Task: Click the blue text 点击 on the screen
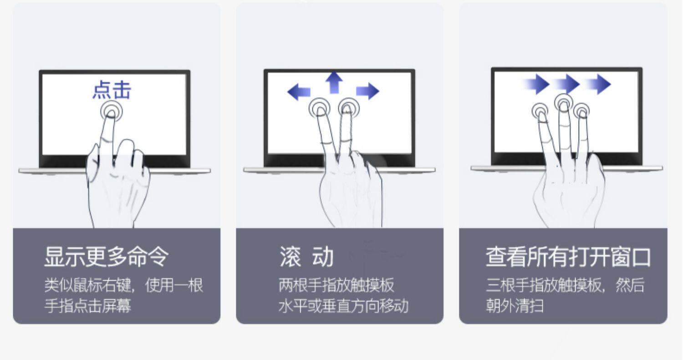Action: click(x=112, y=90)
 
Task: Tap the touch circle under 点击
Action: click(x=112, y=111)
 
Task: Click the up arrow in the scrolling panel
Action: click(x=334, y=82)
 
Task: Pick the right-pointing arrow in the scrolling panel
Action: click(x=367, y=91)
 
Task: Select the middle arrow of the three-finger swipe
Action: click(x=567, y=84)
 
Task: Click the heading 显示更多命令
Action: click(x=106, y=256)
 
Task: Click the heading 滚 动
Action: click(x=306, y=256)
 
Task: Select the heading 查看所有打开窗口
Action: click(x=568, y=257)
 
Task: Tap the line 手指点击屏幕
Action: click(x=87, y=305)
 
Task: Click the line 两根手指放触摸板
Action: click(x=336, y=285)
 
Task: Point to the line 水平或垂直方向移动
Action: click(x=343, y=305)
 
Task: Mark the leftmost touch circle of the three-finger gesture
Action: click(x=541, y=111)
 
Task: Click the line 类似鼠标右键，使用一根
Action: click(x=123, y=285)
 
